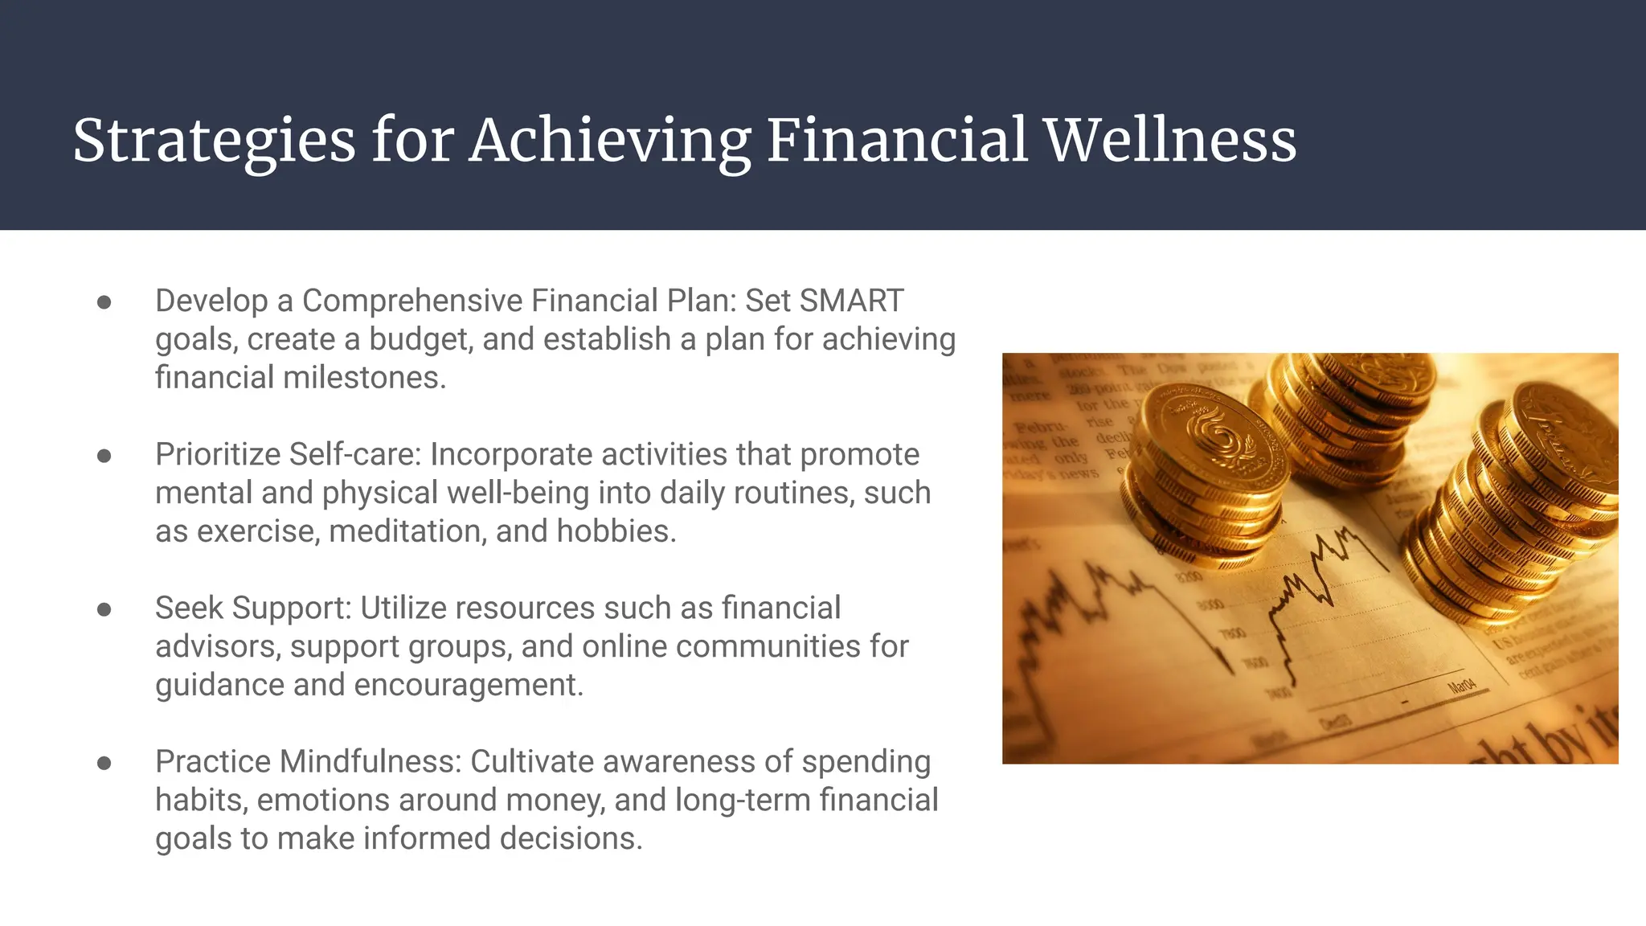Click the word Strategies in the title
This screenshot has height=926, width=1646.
[x=214, y=141]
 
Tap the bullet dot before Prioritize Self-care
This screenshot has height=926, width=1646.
[x=104, y=456]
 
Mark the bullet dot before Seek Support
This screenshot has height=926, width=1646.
[x=104, y=609]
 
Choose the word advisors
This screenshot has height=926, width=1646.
[x=218, y=647]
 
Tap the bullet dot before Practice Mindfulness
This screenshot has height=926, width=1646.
[x=104, y=763]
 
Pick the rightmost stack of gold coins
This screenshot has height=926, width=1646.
[x=1511, y=514]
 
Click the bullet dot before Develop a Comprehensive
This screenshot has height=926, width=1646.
[x=104, y=302]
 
